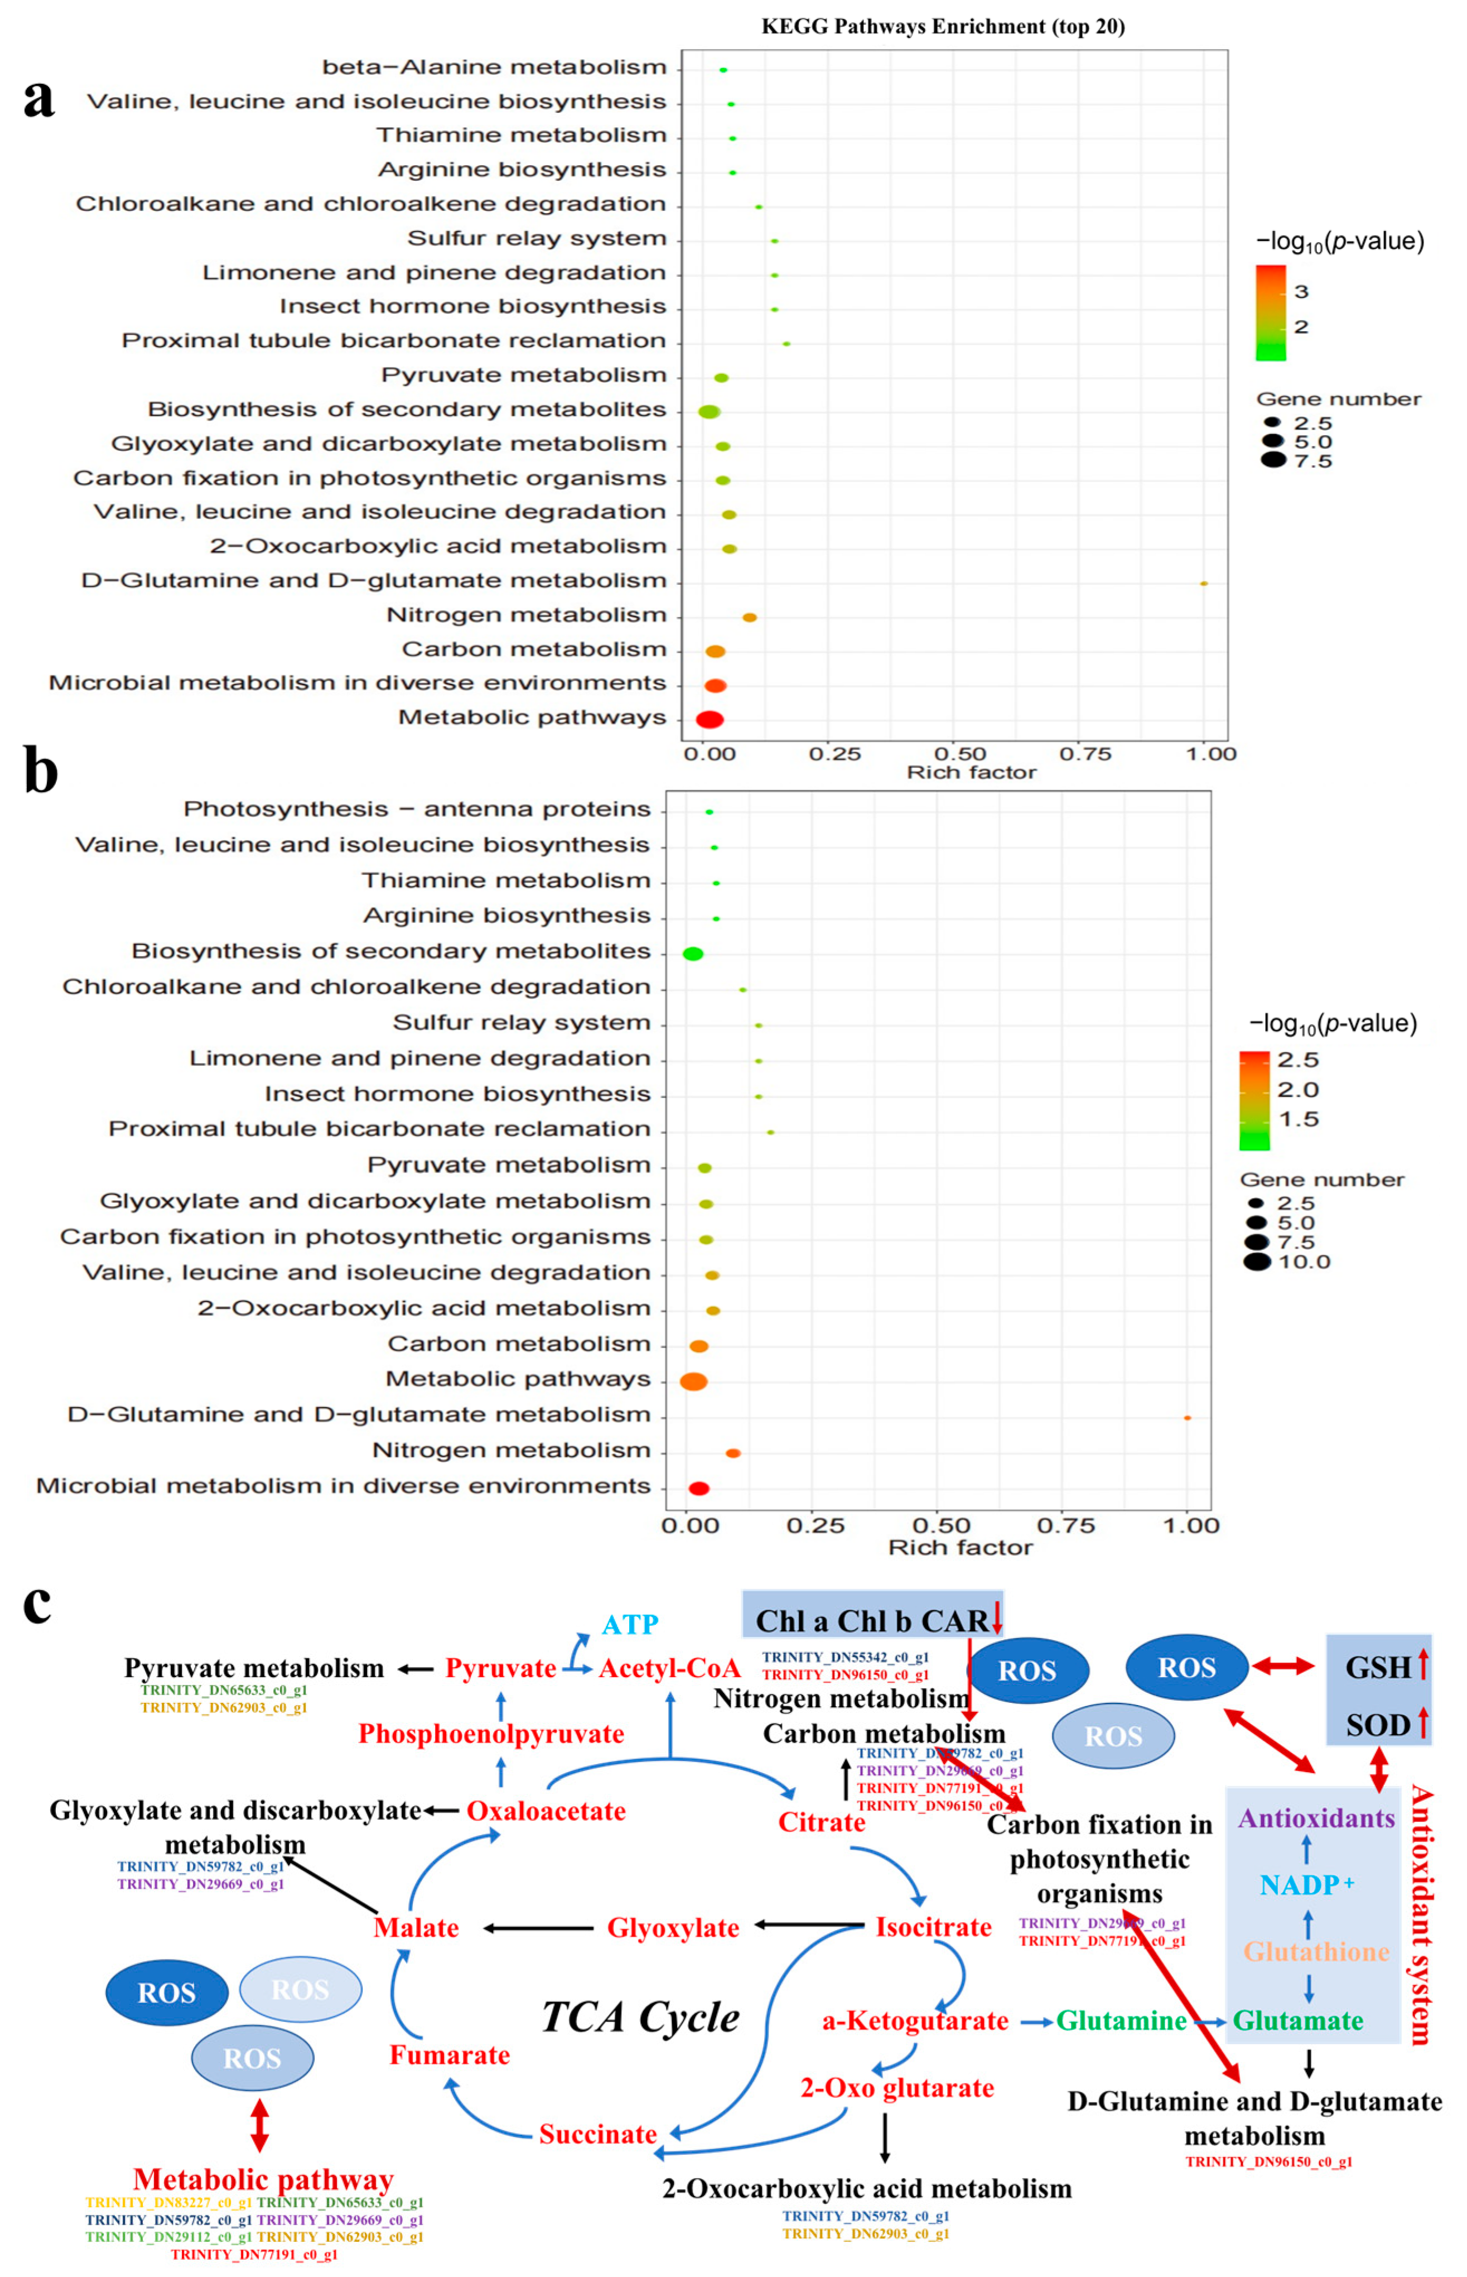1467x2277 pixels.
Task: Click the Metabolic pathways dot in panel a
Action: point(710,719)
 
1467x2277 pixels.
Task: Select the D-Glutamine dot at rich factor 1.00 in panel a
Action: point(1204,583)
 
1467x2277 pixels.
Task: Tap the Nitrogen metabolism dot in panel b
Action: point(732,1453)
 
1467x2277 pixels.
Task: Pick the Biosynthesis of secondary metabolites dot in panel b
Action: point(693,954)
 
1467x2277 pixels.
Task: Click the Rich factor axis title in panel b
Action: point(960,1547)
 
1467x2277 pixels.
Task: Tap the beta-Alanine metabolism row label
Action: point(494,68)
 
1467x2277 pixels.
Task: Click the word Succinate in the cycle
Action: point(597,2134)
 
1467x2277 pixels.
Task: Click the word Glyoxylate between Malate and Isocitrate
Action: point(673,1928)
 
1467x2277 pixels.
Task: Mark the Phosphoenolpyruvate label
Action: point(491,1734)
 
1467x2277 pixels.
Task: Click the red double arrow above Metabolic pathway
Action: point(259,2126)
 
